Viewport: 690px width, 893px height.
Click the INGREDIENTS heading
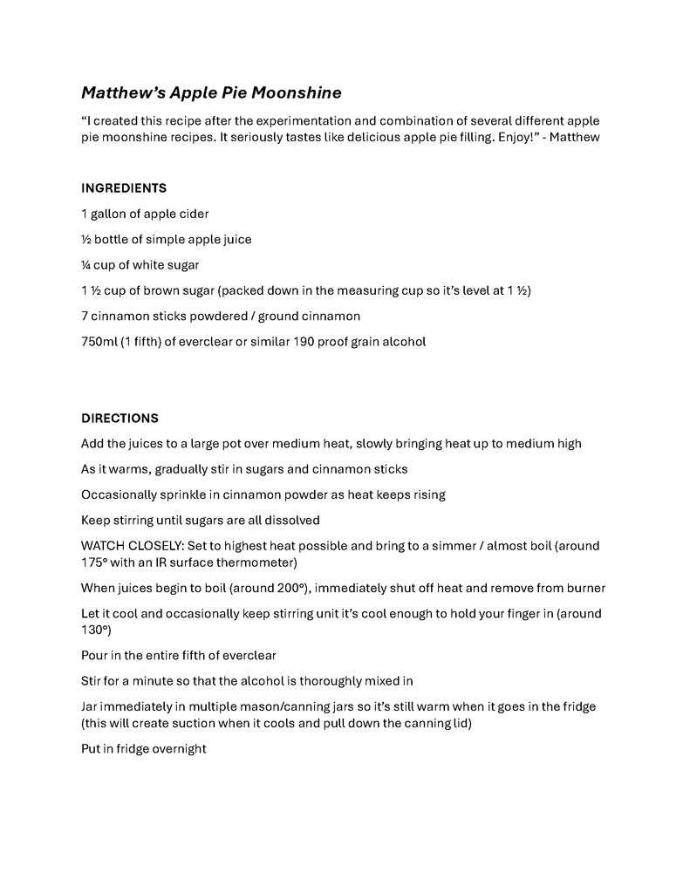click(x=124, y=188)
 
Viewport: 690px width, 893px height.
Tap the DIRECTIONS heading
click(x=120, y=419)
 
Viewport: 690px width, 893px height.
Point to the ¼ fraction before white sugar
click(x=85, y=265)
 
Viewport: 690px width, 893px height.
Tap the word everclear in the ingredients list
click(x=208, y=342)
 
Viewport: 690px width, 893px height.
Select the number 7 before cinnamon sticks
click(x=85, y=316)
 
